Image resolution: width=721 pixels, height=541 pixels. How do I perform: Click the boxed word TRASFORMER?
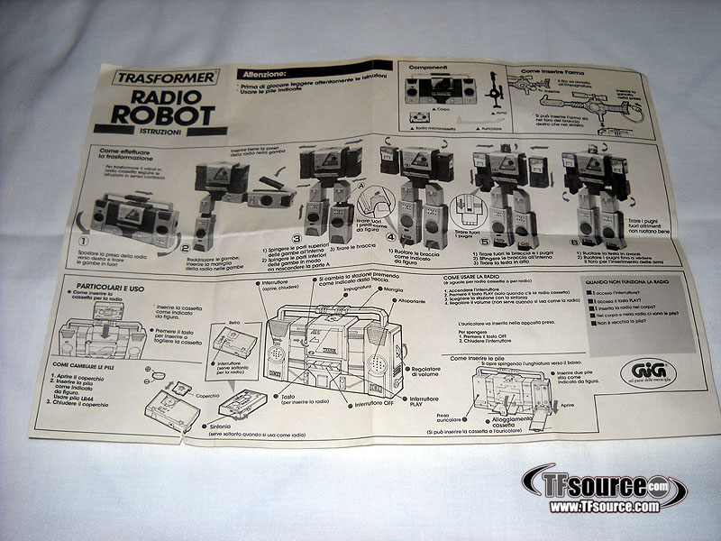(x=164, y=78)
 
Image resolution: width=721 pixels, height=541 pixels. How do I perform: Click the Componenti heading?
(x=428, y=68)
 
